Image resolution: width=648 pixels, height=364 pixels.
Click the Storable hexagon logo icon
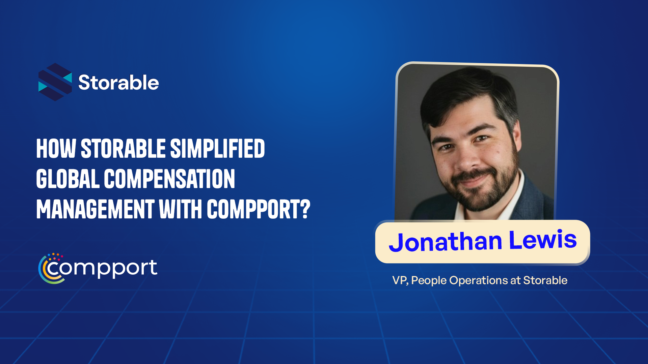55,82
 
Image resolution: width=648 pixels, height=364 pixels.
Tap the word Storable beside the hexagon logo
118,83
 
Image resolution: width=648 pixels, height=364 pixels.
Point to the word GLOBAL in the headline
68,179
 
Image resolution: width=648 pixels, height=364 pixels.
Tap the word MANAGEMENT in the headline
95,209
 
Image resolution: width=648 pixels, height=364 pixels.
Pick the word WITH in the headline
181,209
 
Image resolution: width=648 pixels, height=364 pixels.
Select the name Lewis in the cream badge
543,240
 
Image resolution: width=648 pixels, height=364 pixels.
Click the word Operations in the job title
479,280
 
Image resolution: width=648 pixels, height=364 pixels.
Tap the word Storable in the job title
545,280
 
